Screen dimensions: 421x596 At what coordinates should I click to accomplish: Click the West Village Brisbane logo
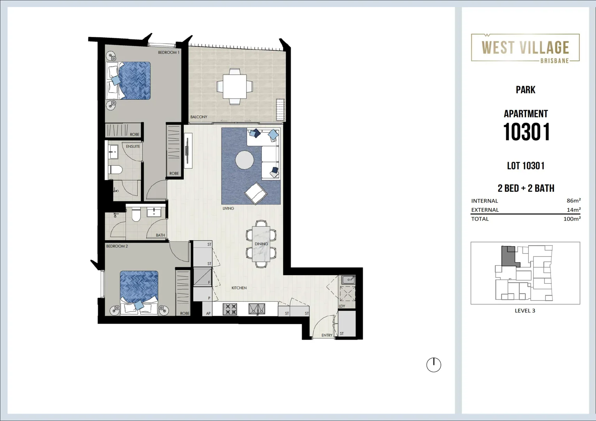click(x=525, y=48)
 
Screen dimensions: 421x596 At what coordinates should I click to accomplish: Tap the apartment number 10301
click(x=526, y=132)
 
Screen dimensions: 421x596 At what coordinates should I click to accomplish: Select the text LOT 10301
click(x=525, y=166)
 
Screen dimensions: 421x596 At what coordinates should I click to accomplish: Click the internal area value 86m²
click(x=573, y=201)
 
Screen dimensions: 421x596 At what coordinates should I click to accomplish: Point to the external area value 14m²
click(x=573, y=210)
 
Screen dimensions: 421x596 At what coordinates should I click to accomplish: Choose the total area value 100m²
click(x=572, y=219)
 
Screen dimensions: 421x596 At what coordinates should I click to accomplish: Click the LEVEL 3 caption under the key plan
click(x=525, y=311)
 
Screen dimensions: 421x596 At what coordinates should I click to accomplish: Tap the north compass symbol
click(x=433, y=365)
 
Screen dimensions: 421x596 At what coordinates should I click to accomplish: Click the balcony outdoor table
click(x=234, y=87)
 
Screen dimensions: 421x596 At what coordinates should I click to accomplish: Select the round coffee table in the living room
click(x=244, y=160)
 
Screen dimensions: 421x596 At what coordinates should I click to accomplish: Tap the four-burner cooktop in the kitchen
click(x=230, y=309)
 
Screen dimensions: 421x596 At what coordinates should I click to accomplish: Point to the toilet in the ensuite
click(x=115, y=170)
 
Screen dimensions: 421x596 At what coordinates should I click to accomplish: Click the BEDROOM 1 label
click(x=169, y=52)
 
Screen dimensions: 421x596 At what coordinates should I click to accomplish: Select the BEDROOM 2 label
click(x=117, y=246)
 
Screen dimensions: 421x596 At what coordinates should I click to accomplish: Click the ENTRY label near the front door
click(x=326, y=335)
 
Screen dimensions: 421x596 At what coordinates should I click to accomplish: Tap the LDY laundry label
click(x=342, y=306)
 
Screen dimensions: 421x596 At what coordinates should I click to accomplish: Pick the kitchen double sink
click(x=257, y=309)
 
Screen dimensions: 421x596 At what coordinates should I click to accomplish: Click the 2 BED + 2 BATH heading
click(x=526, y=188)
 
